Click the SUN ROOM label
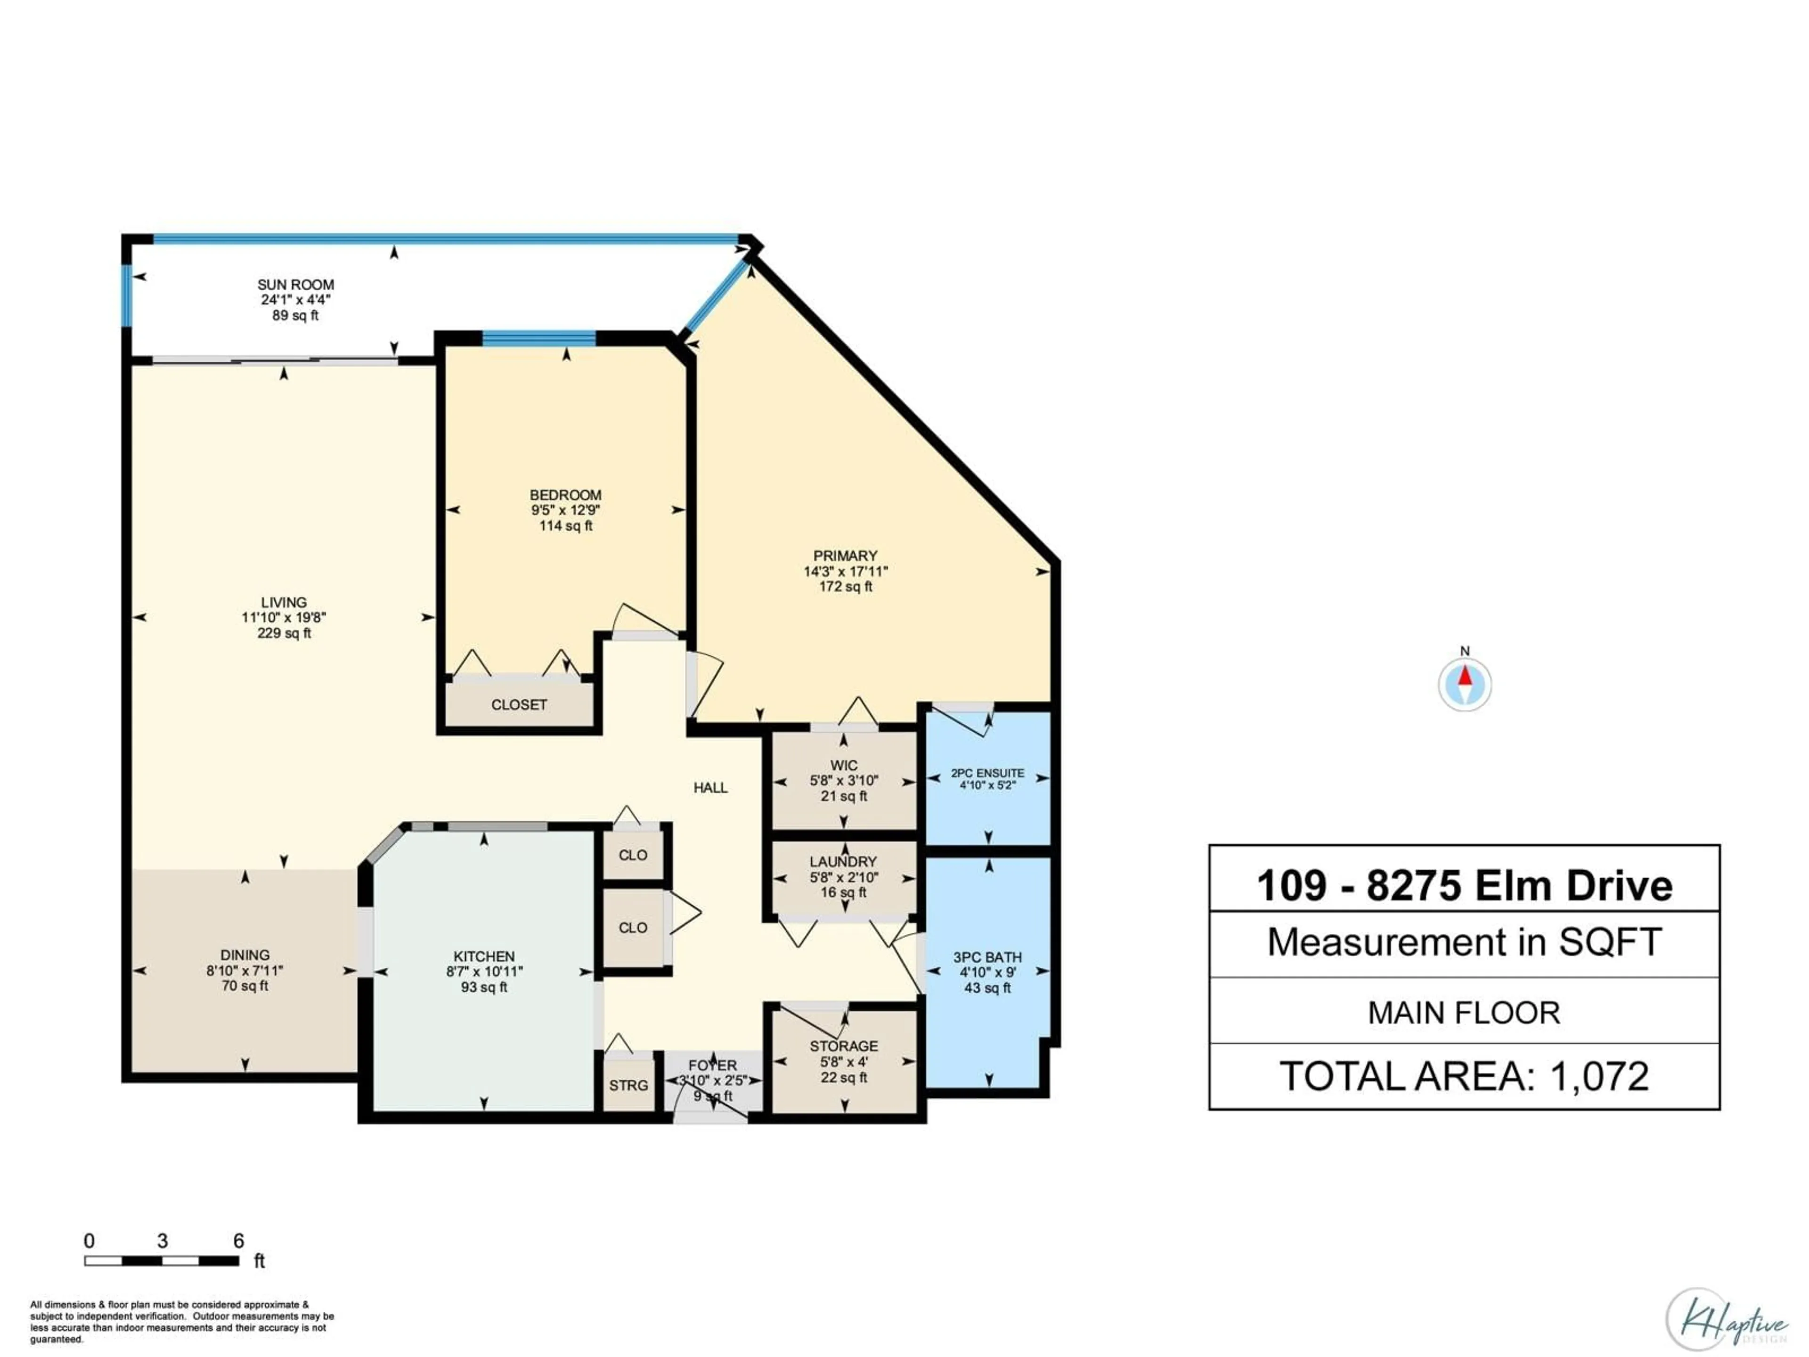click(x=295, y=285)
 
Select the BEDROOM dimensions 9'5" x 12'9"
click(x=565, y=510)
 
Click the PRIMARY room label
click(x=845, y=556)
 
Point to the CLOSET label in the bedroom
click(x=519, y=704)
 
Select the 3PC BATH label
click(x=987, y=957)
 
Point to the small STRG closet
click(x=628, y=1086)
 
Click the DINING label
click(x=244, y=955)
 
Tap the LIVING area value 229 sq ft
click(x=284, y=633)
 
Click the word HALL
click(x=710, y=788)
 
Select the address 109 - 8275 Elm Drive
click(x=1464, y=886)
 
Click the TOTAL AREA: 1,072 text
click(x=1464, y=1077)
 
